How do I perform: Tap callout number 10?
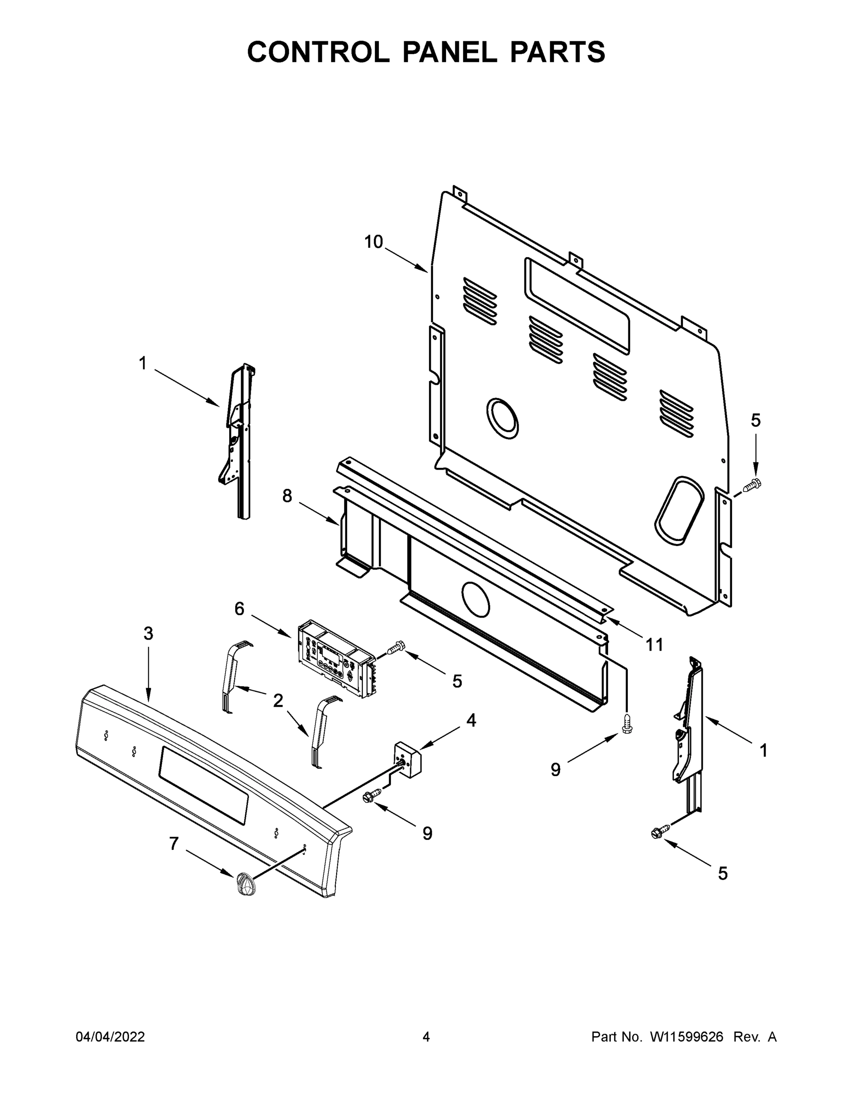point(373,242)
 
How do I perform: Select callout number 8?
point(287,496)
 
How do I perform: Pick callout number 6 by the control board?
point(239,609)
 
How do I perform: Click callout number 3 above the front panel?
point(148,634)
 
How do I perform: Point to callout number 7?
point(174,843)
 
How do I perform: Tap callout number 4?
point(470,720)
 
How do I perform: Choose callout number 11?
point(654,644)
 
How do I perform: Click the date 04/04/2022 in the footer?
point(110,1037)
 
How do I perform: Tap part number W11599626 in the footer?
point(687,1037)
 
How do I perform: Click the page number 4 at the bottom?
point(426,1037)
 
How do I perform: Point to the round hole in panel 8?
point(475,599)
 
